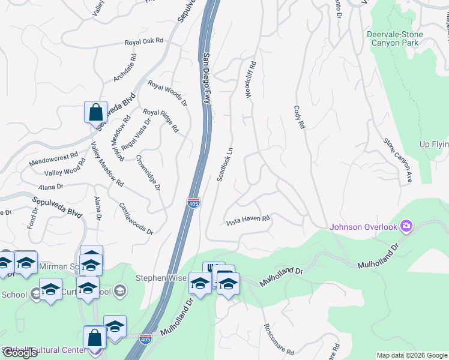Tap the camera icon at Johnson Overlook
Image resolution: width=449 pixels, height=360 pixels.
click(x=406, y=226)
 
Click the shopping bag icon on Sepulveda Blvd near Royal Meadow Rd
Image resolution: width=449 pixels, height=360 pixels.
click(x=96, y=112)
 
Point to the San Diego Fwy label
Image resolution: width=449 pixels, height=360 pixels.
click(x=206, y=78)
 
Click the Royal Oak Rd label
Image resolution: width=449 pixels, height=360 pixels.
click(x=144, y=42)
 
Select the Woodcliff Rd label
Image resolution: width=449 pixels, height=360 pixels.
click(x=251, y=79)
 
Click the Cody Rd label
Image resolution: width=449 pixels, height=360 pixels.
click(x=300, y=117)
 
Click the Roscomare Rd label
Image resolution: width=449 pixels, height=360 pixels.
click(x=278, y=340)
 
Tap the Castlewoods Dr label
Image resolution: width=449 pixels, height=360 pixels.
click(x=135, y=218)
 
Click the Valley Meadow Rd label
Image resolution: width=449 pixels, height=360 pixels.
click(x=107, y=164)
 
